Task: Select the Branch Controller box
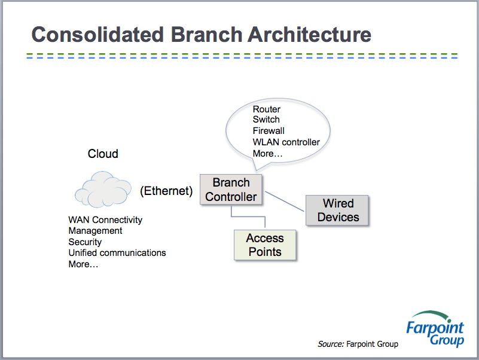coord(231,190)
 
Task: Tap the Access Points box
coord(265,245)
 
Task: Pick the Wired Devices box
coord(338,210)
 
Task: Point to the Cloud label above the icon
coord(103,154)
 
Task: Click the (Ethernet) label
coord(166,191)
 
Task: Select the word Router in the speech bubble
coord(267,109)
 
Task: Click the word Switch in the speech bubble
coord(266,120)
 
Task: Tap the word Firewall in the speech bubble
coord(269,131)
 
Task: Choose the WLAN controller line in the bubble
coord(286,142)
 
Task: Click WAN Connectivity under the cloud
coord(105,220)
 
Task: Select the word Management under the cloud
coord(95,231)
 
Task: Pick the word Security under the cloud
coord(85,242)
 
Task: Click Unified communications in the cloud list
coord(117,253)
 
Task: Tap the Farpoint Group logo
coord(435,329)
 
